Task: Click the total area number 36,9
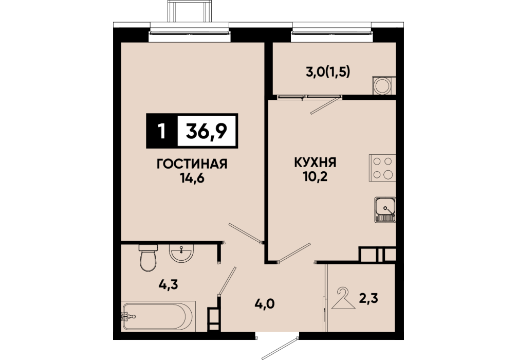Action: (x=207, y=131)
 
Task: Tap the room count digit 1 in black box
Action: (x=161, y=131)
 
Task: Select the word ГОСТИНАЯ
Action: (x=192, y=164)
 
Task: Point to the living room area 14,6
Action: (x=192, y=178)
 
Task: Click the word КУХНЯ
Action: (x=315, y=163)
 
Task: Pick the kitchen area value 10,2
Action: (x=316, y=177)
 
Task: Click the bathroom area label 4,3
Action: (x=168, y=284)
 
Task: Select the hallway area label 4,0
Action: (x=265, y=303)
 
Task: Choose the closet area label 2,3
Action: (x=368, y=298)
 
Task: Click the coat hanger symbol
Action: (x=344, y=299)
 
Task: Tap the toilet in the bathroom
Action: (x=148, y=258)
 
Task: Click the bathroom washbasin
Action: (x=181, y=253)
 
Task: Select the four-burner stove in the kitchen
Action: (x=382, y=168)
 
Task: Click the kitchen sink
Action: (x=385, y=210)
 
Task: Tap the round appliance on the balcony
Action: (x=382, y=86)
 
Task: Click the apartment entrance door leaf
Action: (x=280, y=349)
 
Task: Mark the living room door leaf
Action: (x=245, y=233)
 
